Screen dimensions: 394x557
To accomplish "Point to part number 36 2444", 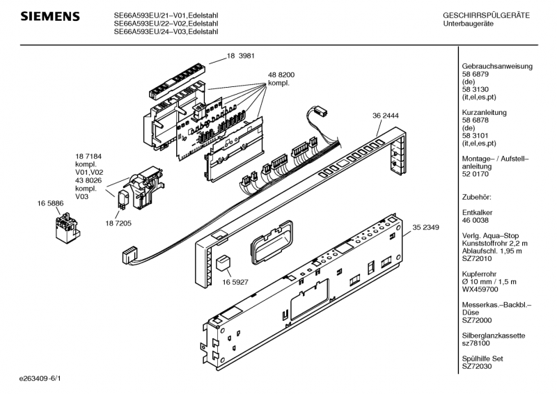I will coord(386,116).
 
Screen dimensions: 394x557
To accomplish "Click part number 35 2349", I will coord(425,226).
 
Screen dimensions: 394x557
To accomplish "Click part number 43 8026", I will coord(90,180).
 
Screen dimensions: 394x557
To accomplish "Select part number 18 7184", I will coord(90,156).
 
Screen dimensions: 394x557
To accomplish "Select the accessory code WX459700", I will coord(481,289).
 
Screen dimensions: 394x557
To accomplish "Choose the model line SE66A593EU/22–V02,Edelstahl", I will coord(166,23).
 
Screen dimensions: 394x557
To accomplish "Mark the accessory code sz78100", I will coord(477,343).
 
